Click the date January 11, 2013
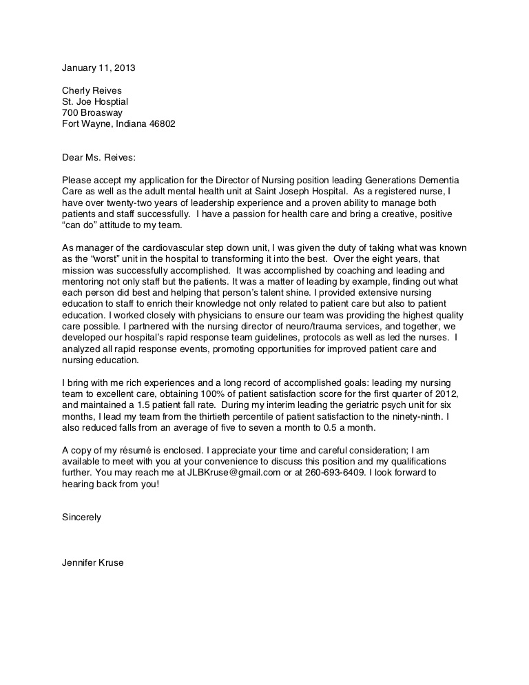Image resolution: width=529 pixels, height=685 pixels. pos(98,68)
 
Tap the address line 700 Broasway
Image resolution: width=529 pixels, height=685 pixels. pos(92,112)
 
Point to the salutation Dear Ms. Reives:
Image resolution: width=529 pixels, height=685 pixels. pos(101,157)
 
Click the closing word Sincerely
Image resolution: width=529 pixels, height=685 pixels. pos(81,517)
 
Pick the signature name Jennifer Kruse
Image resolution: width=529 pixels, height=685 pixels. pos(93,562)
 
